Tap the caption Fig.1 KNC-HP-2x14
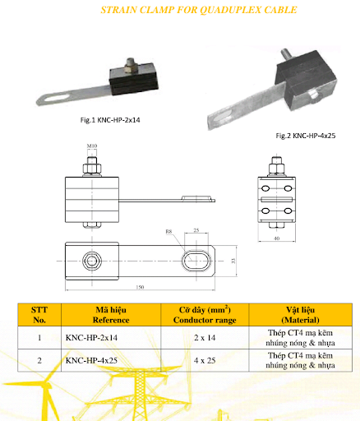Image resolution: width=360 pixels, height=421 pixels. coord(110,120)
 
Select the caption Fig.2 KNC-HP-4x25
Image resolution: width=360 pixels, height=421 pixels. coord(306,136)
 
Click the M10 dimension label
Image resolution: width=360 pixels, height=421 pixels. coord(92,146)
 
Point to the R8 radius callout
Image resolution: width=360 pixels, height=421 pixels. coord(168,232)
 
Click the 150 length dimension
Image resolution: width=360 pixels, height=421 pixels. coord(140,287)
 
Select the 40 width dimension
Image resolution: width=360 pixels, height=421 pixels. coord(277,238)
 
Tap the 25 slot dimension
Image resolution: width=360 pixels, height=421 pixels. coord(196,230)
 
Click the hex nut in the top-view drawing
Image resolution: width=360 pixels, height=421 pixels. coord(92,261)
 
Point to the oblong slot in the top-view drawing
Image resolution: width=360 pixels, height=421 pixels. coord(196,261)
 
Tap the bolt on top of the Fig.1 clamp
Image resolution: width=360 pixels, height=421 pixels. coord(131,67)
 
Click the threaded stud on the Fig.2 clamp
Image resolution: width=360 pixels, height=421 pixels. coord(286,56)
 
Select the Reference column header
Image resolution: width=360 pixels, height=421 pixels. coord(111,315)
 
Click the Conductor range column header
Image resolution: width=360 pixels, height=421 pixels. coord(205,315)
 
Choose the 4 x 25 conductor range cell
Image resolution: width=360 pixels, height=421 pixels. coord(205,360)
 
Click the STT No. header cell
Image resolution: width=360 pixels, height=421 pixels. coord(39,315)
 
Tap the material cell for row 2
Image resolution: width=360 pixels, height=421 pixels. coord(300,360)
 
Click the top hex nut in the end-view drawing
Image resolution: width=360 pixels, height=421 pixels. coord(276,169)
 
